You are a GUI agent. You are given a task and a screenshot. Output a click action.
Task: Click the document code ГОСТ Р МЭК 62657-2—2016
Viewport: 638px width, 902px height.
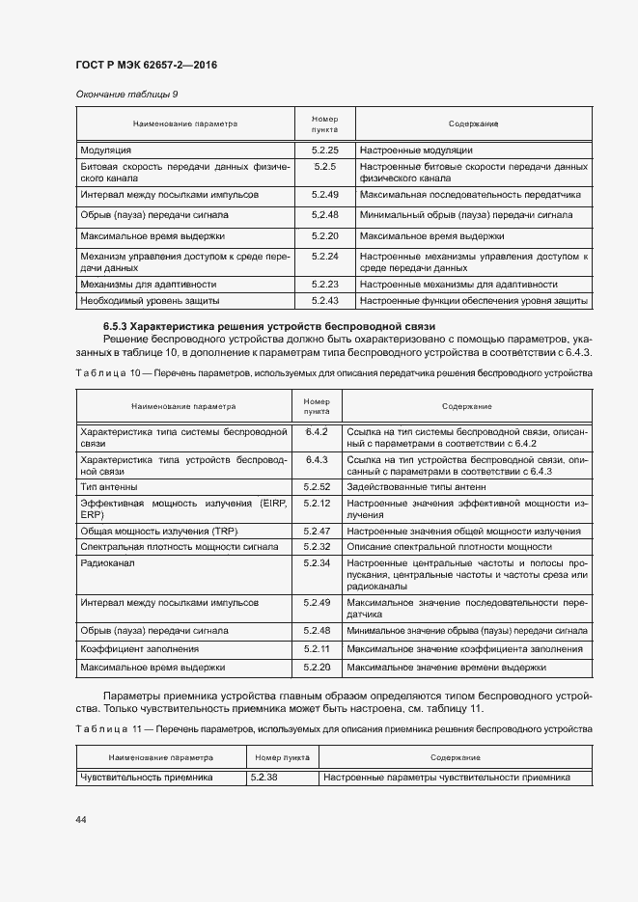(x=146, y=66)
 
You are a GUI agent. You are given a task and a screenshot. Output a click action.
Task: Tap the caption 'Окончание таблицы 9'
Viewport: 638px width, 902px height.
(x=126, y=94)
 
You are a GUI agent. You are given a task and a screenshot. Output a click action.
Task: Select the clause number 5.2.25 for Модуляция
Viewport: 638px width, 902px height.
(x=324, y=150)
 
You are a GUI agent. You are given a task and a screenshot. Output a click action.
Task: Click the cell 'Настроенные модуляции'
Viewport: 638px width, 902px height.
(x=415, y=150)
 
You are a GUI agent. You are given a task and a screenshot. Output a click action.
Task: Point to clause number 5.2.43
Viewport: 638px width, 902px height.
(x=324, y=302)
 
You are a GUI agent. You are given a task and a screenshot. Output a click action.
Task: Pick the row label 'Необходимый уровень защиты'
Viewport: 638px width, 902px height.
(x=148, y=302)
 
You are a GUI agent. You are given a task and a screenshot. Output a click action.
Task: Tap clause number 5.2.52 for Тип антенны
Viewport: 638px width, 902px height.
(x=317, y=487)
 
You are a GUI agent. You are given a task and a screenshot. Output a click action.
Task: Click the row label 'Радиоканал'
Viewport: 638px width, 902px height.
(x=108, y=561)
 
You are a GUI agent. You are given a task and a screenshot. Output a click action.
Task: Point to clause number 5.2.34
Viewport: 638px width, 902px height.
(x=317, y=561)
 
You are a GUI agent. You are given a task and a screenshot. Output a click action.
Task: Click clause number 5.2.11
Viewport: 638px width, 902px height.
(x=317, y=649)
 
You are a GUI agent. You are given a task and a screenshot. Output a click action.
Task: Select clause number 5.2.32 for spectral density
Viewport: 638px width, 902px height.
(x=317, y=547)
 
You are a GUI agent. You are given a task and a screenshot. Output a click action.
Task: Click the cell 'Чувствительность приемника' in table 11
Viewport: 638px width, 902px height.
(x=147, y=777)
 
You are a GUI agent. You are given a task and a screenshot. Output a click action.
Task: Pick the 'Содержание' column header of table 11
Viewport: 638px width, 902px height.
(x=455, y=757)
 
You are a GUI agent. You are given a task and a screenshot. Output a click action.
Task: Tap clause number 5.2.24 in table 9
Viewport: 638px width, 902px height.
(x=324, y=257)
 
